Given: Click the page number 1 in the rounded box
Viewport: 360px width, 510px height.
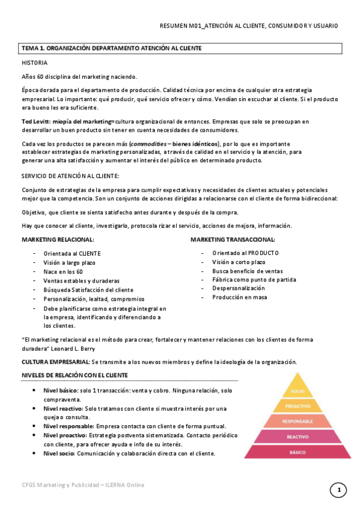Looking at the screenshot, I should pos(338,491).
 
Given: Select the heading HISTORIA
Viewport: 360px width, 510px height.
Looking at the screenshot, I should pos(34,63).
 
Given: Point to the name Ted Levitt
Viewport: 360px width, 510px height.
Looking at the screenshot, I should pos(35,121).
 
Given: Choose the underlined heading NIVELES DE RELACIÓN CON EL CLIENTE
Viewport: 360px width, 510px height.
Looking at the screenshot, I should pos(75,376).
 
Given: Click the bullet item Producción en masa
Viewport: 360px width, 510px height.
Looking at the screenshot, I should pos(239,297).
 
